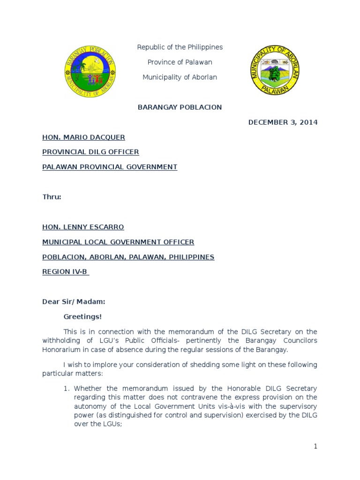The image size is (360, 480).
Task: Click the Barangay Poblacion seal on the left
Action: (90, 71)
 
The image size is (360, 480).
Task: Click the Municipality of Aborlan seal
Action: (275, 70)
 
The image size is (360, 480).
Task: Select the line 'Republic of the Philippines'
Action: (180, 47)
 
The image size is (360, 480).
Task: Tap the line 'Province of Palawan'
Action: (180, 62)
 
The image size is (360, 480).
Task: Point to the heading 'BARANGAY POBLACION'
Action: (180, 107)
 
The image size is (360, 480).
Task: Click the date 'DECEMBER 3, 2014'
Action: (283, 122)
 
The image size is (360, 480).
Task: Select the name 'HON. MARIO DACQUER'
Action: (83, 137)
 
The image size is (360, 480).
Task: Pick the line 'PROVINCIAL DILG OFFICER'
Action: (90, 152)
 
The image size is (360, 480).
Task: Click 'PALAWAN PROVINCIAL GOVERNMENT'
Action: (110, 167)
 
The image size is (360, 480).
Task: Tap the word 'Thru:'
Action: (52, 197)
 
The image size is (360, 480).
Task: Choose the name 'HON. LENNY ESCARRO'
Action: (83, 227)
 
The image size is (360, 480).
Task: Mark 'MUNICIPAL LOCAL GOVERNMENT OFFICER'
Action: (118, 242)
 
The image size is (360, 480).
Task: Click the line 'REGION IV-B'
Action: (65, 271)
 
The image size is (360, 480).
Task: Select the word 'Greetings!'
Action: (82, 317)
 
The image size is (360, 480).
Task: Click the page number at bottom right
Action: (315, 447)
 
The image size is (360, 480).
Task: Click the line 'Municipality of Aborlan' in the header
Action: (180, 77)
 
